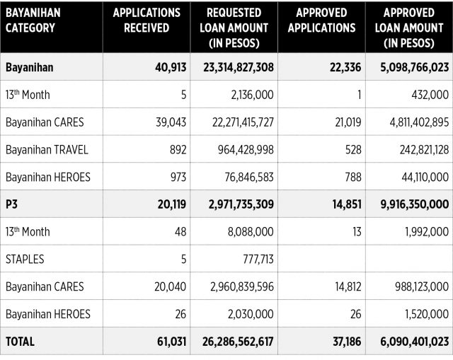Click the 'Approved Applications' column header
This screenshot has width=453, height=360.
pyautogui.click(x=321, y=21)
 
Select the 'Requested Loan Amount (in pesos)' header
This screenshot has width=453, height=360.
pyautogui.click(x=234, y=28)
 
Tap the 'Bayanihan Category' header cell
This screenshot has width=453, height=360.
pyautogui.click(x=33, y=21)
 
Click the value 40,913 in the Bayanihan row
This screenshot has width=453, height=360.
pyautogui.click(x=171, y=67)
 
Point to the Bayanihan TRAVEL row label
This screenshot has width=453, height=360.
pyautogui.click(x=47, y=149)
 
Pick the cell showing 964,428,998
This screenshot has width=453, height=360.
pyautogui.click(x=246, y=149)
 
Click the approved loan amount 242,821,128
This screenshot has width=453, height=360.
pyautogui.click(x=424, y=149)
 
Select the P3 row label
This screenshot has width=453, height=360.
pyautogui.click(x=11, y=204)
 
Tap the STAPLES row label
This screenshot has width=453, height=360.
pyautogui.click(x=25, y=259)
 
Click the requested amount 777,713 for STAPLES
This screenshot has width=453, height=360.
pyautogui.click(x=258, y=259)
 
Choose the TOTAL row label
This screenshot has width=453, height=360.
pyautogui.click(x=20, y=342)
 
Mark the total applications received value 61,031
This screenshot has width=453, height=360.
pyautogui.click(x=171, y=342)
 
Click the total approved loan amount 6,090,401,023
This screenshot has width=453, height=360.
pyautogui.click(x=414, y=342)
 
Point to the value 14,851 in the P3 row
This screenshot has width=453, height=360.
pyautogui.click(x=347, y=204)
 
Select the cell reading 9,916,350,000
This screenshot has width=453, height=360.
pyautogui.click(x=415, y=204)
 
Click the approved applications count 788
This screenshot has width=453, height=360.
pyautogui.click(x=353, y=177)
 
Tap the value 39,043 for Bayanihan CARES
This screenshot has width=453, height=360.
pyautogui.click(x=171, y=122)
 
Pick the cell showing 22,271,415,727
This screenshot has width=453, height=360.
pyautogui.click(x=243, y=122)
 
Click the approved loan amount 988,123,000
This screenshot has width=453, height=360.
pyautogui.click(x=422, y=286)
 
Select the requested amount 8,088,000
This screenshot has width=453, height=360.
pyautogui.click(x=251, y=231)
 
